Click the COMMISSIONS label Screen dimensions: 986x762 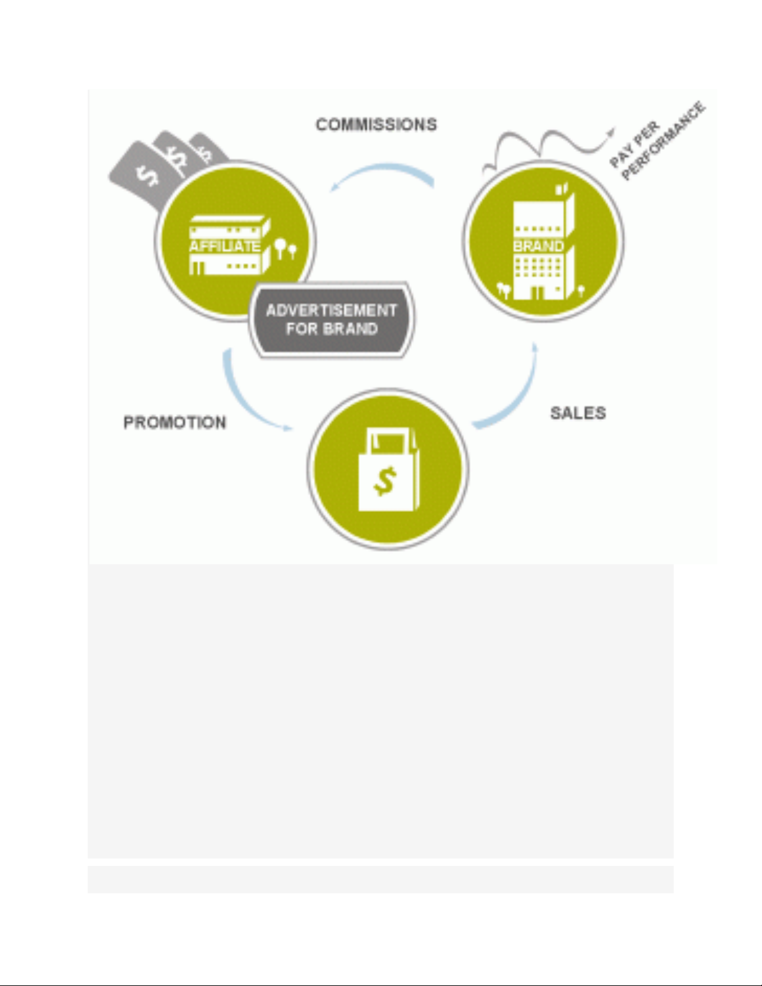pyautogui.click(x=376, y=124)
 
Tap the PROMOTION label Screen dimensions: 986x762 pyautogui.click(x=175, y=423)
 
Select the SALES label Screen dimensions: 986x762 pyautogui.click(x=578, y=413)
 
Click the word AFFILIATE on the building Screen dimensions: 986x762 pyautogui.click(x=225, y=246)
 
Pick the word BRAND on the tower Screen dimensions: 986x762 pyautogui.click(x=538, y=246)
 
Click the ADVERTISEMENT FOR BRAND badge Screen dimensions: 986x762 pyautogui.click(x=332, y=320)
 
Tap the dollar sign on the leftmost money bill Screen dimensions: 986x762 pyautogui.click(x=148, y=176)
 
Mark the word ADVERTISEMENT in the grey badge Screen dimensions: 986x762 pyautogui.click(x=332, y=310)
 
